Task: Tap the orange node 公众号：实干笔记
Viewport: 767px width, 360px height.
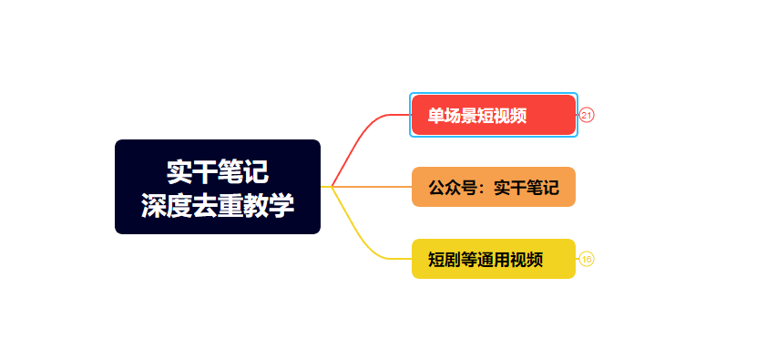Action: [x=493, y=187]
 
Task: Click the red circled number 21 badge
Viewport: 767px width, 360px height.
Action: [x=587, y=115]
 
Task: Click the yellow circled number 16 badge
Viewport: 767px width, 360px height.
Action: [x=587, y=259]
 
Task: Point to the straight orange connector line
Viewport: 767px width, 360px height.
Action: [x=373, y=187]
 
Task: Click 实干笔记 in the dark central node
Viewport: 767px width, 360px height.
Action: [x=218, y=171]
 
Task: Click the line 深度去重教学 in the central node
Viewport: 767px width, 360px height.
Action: [x=218, y=205]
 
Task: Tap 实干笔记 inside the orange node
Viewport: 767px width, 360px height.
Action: [x=526, y=188]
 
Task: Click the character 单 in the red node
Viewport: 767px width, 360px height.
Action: [x=436, y=116]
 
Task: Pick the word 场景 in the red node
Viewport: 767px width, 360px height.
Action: [x=461, y=116]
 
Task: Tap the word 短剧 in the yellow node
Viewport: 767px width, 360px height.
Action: [x=445, y=260]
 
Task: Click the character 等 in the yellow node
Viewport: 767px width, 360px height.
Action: [x=469, y=260]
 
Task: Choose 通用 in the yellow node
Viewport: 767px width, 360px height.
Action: [x=494, y=260]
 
